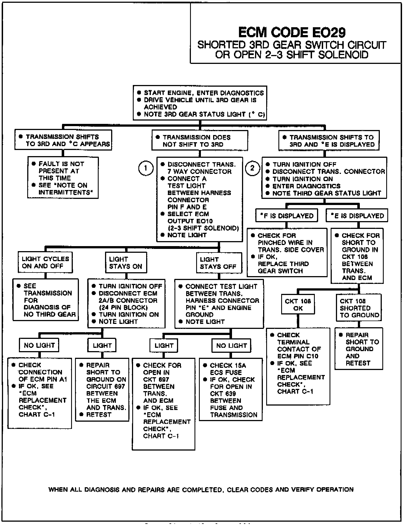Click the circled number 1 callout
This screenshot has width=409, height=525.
pyautogui.click(x=146, y=168)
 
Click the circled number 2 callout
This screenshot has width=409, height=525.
pyautogui.click(x=252, y=168)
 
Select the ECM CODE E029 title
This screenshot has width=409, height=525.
pyautogui.click(x=292, y=32)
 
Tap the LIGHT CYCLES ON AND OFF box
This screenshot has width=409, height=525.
pyautogui.click(x=45, y=262)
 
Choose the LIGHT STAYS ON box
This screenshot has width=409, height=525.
pyautogui.click(x=126, y=263)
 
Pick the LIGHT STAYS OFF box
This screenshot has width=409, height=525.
pyautogui.click(x=219, y=263)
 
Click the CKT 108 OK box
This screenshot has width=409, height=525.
pyautogui.click(x=298, y=304)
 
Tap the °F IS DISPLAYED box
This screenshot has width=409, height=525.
pyautogui.click(x=287, y=216)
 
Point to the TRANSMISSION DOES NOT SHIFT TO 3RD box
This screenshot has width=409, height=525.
pyautogui.click(x=200, y=141)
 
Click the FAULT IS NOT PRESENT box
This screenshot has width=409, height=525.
pyautogui.click(x=63, y=178)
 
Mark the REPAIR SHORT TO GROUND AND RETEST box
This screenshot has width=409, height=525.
pyautogui.click(x=359, y=349)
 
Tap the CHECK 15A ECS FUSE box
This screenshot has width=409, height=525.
pyautogui.click(x=231, y=390)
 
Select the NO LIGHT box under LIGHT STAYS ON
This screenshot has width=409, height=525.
pyautogui.click(x=39, y=345)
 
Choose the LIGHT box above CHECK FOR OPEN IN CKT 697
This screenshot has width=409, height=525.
pyautogui.click(x=164, y=346)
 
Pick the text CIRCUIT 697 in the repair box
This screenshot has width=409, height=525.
pyautogui.click(x=106, y=386)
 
